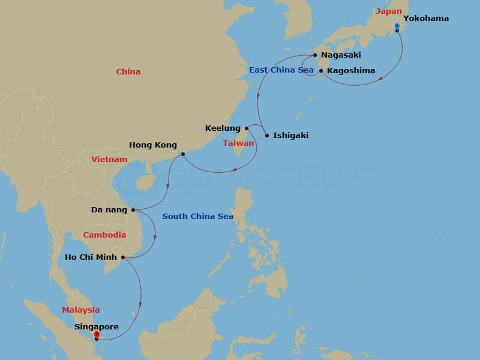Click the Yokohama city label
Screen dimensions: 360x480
(x=425, y=19)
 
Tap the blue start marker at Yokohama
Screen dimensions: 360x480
(x=397, y=26)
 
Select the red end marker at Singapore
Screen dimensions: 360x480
(x=97, y=335)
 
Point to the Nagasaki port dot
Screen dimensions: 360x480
(x=315, y=55)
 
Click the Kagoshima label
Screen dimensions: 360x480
(x=351, y=71)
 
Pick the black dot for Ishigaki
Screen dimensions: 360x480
(x=267, y=135)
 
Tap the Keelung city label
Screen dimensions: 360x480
(x=223, y=128)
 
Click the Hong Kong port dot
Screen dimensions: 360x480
(x=183, y=154)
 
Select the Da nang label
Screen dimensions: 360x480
(x=109, y=210)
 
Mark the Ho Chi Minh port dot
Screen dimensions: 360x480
(x=124, y=257)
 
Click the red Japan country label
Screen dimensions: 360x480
(x=388, y=11)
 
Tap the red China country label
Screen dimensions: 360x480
(x=128, y=72)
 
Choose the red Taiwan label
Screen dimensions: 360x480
(x=239, y=143)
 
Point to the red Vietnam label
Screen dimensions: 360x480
(x=110, y=160)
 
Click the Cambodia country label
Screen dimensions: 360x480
(x=104, y=235)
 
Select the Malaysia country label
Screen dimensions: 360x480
(x=81, y=310)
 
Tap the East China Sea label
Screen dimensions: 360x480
(x=281, y=70)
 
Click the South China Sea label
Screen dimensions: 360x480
(x=197, y=217)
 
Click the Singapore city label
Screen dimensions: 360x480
(x=97, y=327)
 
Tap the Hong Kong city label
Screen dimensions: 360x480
(x=153, y=145)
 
